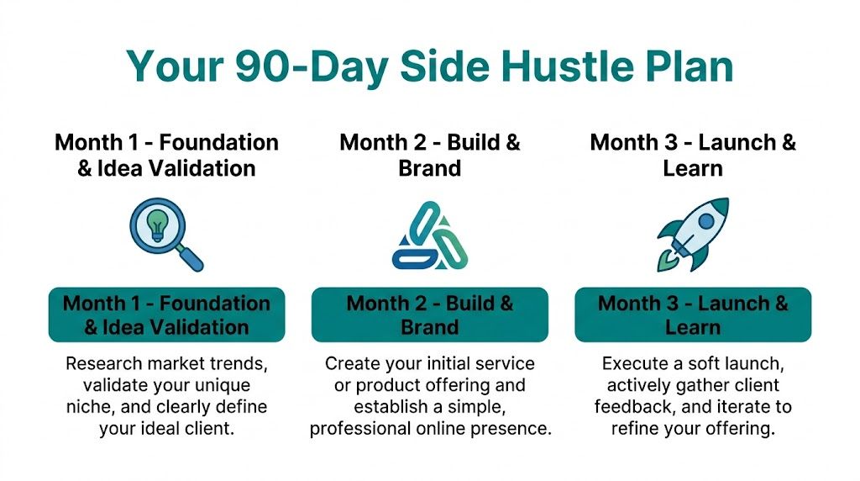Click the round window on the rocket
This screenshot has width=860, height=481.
coord(705,221)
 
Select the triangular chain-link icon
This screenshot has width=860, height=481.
coord(429,236)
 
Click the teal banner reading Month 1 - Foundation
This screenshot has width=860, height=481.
coord(166,314)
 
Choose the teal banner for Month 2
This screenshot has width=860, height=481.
coord(429,314)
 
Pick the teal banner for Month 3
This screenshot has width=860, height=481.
coord(693,314)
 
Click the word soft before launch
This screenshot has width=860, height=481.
coord(699,364)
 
